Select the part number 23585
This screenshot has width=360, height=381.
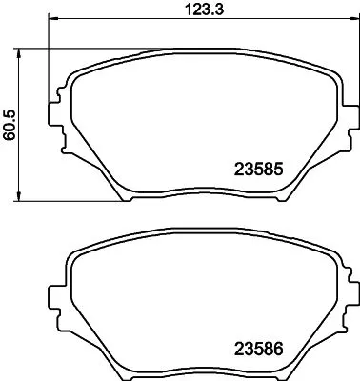[260, 171]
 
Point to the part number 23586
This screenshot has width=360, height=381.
[260, 350]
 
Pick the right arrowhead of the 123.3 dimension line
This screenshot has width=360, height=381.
[343, 21]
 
